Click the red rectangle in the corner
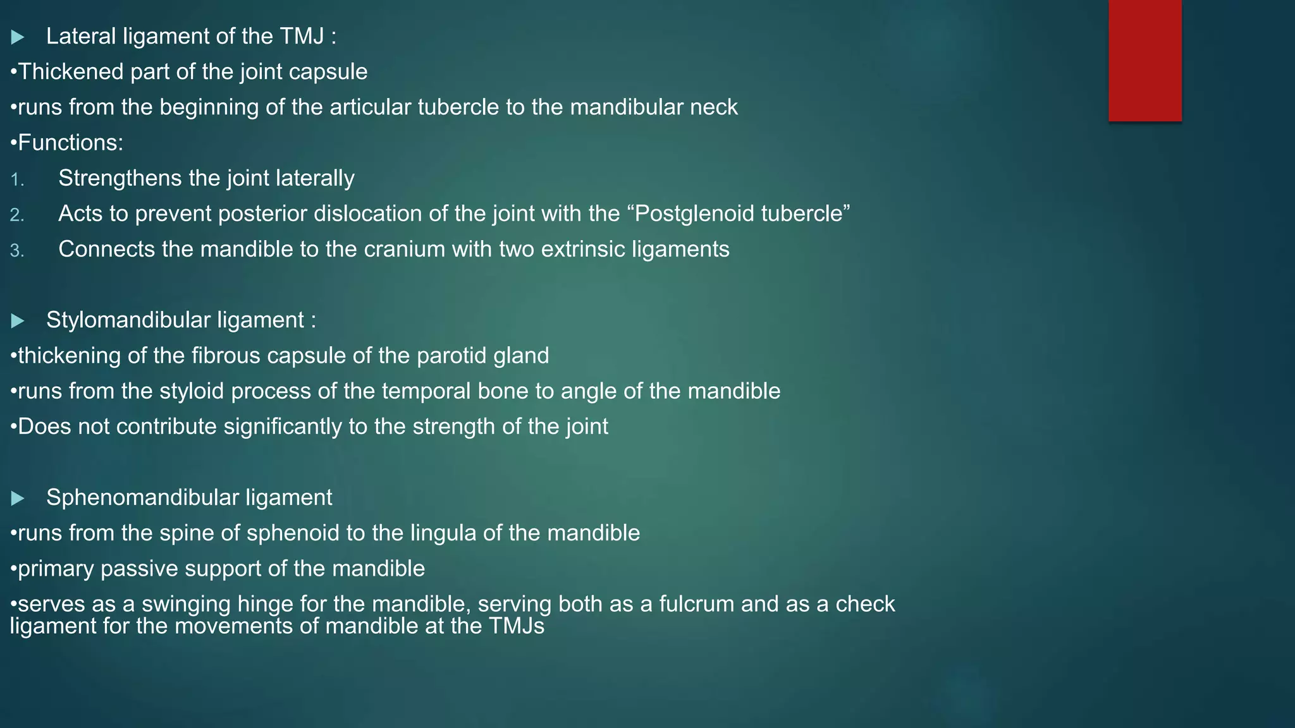tap(1145, 60)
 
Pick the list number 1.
tap(17, 180)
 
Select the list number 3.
tap(17, 251)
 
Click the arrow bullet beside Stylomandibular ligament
tap(18, 321)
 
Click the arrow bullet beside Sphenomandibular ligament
tap(18, 499)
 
